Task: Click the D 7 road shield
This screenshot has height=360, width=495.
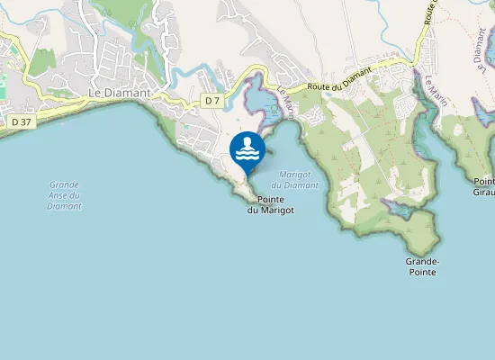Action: pos(212,101)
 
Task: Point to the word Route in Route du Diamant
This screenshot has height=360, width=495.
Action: pos(321,87)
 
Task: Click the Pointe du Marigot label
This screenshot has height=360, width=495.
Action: pos(271,204)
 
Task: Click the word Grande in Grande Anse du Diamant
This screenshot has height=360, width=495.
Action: pos(65,185)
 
